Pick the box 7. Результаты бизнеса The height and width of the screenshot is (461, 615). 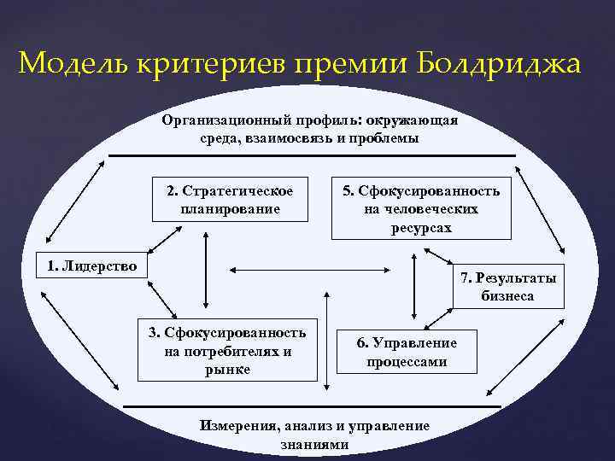click(x=507, y=287)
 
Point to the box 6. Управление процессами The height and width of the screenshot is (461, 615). click(x=407, y=352)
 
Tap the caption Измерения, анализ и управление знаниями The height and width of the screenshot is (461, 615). click(x=314, y=434)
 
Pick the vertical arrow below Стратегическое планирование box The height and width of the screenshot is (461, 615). click(x=206, y=271)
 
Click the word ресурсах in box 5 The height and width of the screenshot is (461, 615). click(x=421, y=228)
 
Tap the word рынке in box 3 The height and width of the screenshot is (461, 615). click(x=227, y=369)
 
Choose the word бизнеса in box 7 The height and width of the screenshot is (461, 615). click(x=507, y=296)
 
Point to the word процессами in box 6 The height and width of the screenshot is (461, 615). click(x=407, y=361)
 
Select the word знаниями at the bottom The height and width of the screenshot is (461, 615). click(x=314, y=444)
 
